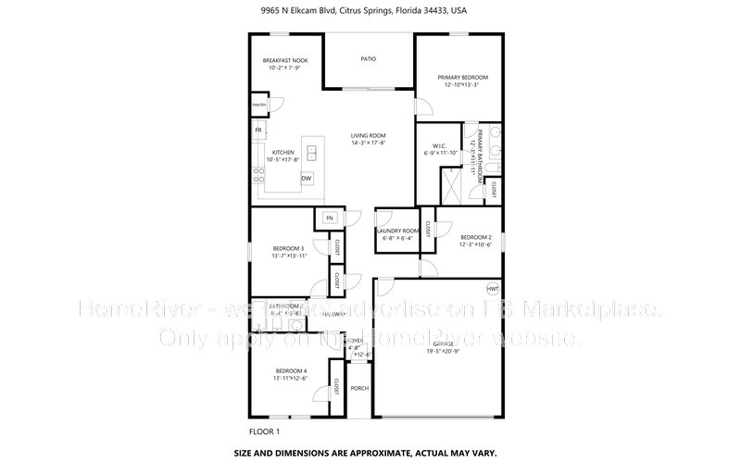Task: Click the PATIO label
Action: coord(368,59)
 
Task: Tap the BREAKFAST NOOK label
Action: coord(285,61)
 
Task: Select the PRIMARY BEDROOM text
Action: coord(462,78)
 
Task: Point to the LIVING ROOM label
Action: coord(368,136)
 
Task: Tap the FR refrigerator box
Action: coord(258,131)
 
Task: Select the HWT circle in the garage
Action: coord(493,289)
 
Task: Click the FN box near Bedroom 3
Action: coord(329,219)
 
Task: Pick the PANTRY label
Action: coord(258,106)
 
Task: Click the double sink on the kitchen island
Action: coord(312,151)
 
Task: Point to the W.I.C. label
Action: coord(440,146)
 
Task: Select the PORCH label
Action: coord(358,388)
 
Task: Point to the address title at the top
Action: coord(370,13)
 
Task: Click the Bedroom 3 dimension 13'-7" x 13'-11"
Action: coord(289,256)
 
